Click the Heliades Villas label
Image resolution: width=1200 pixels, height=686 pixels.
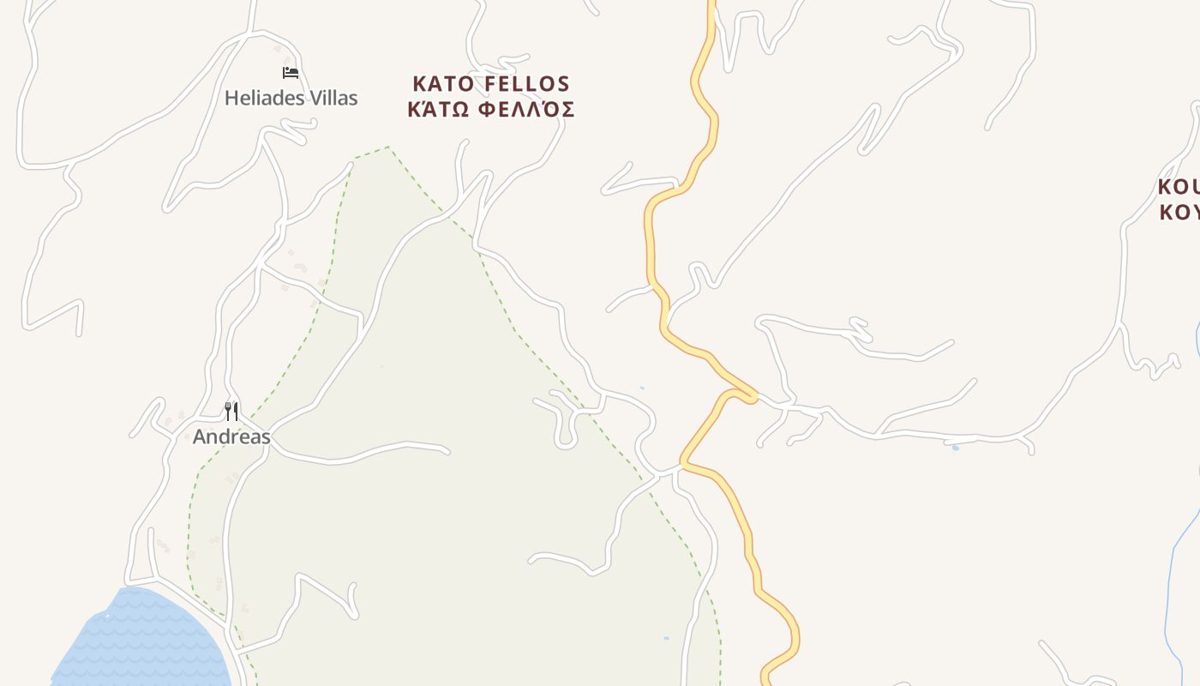tap(291, 98)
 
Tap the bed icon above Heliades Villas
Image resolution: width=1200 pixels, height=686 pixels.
tap(291, 73)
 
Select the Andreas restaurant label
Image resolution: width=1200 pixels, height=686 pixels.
tap(231, 436)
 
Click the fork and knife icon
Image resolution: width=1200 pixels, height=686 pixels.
tap(231, 412)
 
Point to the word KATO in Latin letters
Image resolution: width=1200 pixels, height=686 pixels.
tap(444, 84)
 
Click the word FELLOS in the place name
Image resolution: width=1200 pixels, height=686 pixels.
tap(527, 84)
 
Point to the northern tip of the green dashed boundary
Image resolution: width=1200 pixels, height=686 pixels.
tap(387, 147)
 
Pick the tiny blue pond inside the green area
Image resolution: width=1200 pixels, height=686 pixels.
tap(666, 638)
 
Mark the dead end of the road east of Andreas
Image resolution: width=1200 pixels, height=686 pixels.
tap(447, 450)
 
